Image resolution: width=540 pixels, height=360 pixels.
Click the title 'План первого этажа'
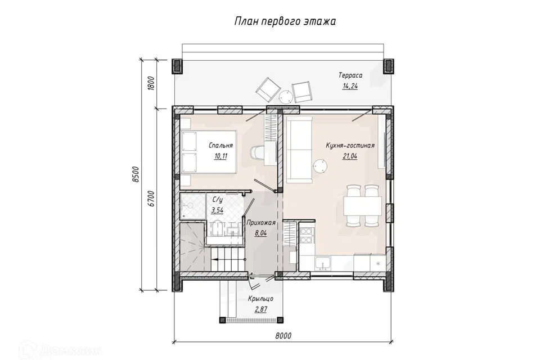(x=285, y=21)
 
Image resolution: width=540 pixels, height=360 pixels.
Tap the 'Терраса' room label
(x=350, y=75)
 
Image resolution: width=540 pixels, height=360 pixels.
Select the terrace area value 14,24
(x=350, y=86)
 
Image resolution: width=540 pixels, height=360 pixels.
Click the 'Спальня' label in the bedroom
(x=220, y=145)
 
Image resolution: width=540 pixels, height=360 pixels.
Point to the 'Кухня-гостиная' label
(x=350, y=145)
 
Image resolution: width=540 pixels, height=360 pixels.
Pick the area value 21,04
(x=350, y=156)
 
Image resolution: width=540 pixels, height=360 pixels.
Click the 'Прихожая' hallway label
(x=260, y=223)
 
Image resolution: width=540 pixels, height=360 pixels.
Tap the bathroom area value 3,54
(x=217, y=210)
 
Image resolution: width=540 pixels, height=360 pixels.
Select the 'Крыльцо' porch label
(x=260, y=299)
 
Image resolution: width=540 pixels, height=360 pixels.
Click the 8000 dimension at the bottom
(x=283, y=335)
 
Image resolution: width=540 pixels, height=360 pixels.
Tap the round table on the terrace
(x=286, y=97)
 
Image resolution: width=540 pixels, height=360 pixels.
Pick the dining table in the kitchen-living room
(x=362, y=206)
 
